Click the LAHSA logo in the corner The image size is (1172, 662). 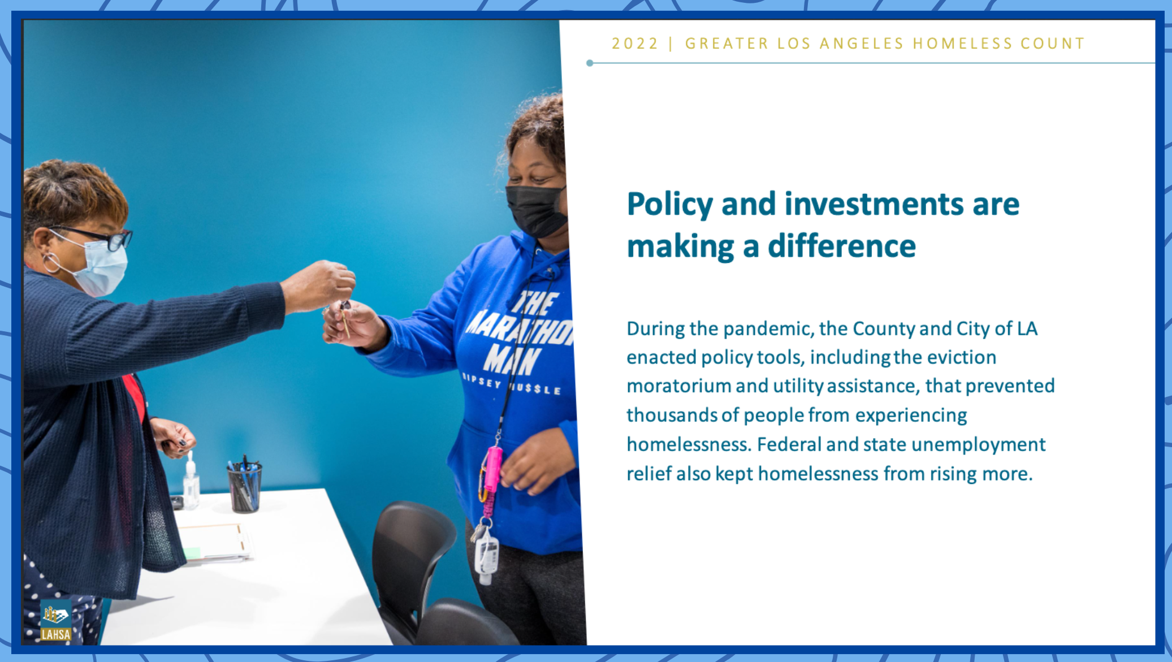tap(55, 621)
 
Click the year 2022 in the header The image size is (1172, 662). tap(635, 44)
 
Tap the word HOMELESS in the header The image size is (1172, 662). tap(963, 44)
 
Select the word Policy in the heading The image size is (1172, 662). tap(670, 205)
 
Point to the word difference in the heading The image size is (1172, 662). tap(842, 246)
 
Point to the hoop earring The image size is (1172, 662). tap(52, 263)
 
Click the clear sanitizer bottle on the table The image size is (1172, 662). tap(191, 481)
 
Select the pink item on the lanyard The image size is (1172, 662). tap(493, 469)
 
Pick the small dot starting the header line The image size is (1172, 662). tap(590, 63)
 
